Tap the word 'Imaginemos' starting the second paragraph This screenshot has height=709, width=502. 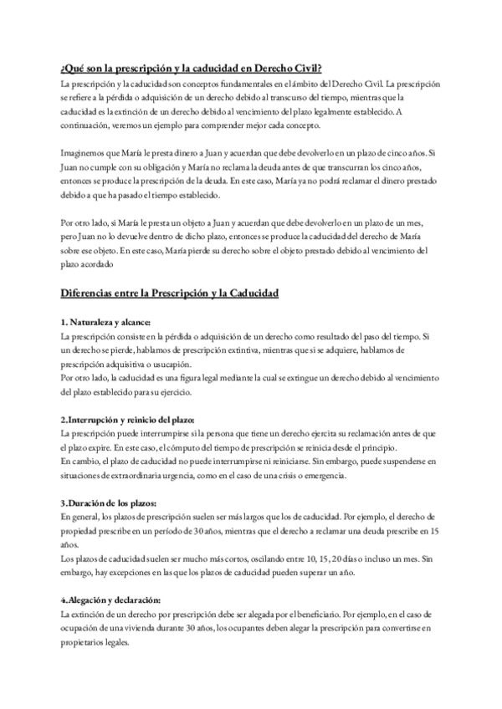(86, 153)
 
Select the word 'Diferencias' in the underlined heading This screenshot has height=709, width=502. (90, 293)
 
